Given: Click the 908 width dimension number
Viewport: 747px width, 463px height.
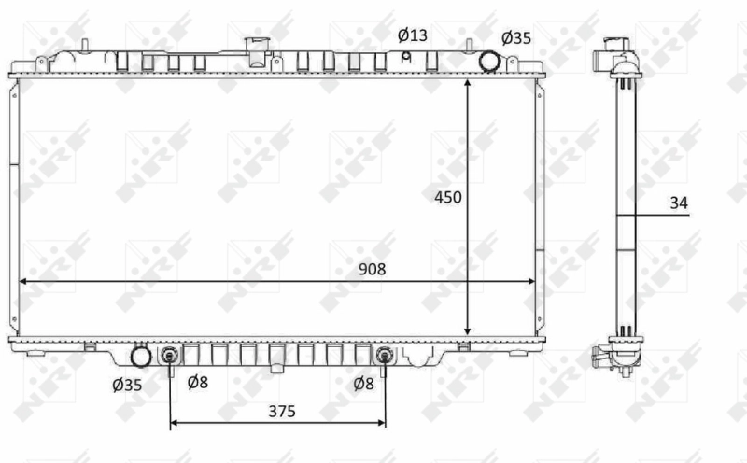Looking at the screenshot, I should [371, 269].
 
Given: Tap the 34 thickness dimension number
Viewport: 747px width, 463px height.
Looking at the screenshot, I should [679, 202].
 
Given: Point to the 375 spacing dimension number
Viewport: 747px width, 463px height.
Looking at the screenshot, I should [277, 409].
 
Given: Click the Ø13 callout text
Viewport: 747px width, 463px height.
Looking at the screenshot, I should [412, 35].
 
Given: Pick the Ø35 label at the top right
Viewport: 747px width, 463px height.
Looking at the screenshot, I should [516, 38].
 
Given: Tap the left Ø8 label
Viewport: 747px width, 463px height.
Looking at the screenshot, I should [197, 383].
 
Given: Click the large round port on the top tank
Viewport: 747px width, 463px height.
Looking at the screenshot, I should [489, 61].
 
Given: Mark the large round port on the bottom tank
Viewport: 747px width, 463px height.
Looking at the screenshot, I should [141, 357].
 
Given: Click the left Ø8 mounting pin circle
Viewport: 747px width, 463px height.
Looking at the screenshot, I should [170, 356].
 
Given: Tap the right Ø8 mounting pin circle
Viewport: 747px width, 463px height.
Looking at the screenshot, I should [385, 356].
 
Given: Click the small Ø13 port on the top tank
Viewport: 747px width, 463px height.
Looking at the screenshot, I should [406, 56].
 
